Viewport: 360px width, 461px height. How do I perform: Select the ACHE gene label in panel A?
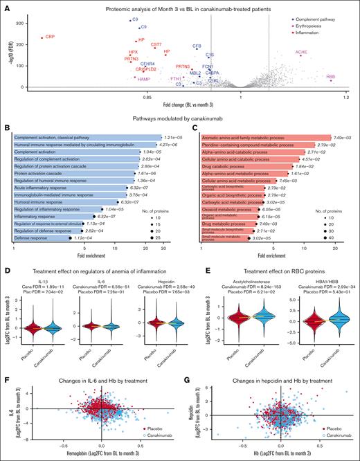301,52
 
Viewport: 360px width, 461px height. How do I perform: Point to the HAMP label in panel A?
144,80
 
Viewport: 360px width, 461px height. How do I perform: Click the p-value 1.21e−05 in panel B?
172,119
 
